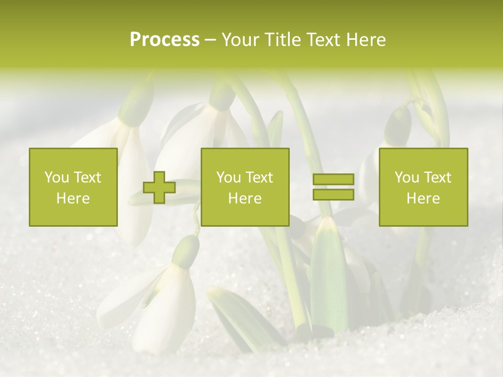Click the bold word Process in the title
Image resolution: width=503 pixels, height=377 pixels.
coord(165,40)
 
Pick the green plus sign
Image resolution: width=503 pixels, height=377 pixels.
coord(159,187)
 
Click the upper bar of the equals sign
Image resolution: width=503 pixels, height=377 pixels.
coord(333,180)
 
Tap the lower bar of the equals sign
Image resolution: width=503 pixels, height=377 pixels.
coord(333,194)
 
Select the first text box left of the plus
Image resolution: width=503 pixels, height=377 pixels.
coord(73,187)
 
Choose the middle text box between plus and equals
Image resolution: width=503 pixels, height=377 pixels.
coord(245,187)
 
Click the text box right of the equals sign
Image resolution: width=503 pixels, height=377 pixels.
coord(423,187)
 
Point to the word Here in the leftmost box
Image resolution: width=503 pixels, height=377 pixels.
coord(73,198)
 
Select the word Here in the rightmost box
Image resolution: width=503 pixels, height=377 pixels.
coord(423,198)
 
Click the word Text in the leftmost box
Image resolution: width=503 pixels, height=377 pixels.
coord(88,178)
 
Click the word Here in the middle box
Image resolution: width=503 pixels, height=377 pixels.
coord(245,198)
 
